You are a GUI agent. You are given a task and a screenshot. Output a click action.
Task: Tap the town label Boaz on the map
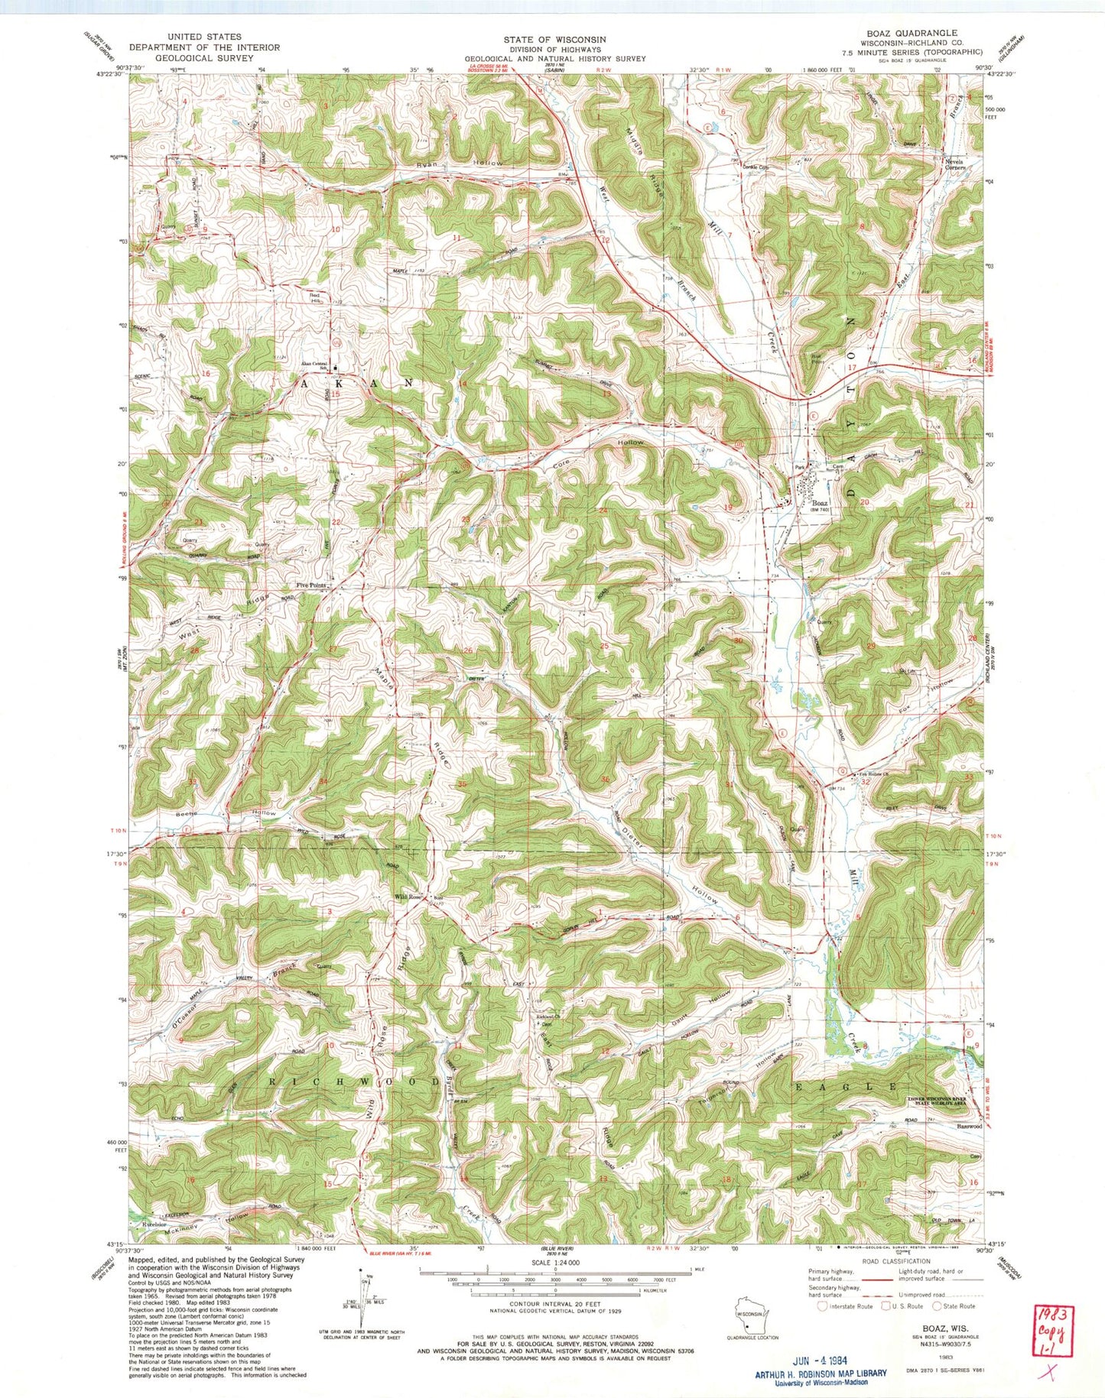click(x=820, y=503)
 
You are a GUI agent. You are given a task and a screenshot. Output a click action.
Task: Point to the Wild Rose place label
click(x=408, y=897)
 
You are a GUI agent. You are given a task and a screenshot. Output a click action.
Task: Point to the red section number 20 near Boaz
click(x=865, y=502)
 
